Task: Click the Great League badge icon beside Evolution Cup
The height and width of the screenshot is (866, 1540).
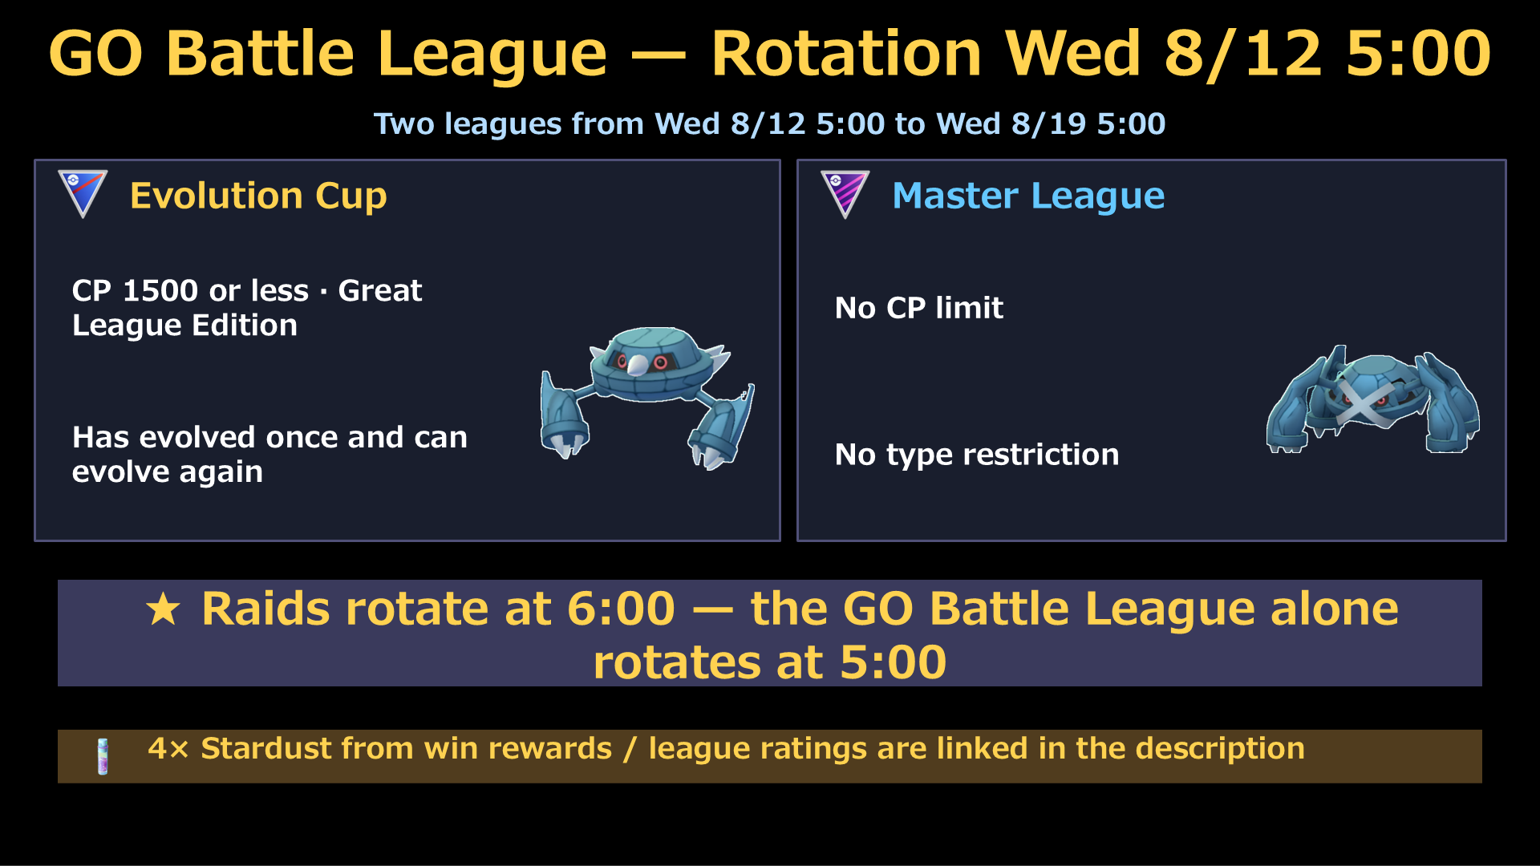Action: click(83, 193)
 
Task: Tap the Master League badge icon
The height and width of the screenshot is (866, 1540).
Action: click(845, 193)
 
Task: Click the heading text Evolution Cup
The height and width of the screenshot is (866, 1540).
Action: click(258, 196)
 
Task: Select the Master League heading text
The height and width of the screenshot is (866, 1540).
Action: click(1028, 196)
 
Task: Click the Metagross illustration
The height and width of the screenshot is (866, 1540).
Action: click(1373, 399)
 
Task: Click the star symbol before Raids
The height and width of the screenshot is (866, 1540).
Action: click(164, 609)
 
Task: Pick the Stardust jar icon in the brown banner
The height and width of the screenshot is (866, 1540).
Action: click(103, 756)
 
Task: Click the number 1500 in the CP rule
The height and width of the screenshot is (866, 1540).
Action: click(160, 290)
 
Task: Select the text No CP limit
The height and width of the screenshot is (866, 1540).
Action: click(918, 308)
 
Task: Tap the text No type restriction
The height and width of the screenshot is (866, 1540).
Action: click(976, 455)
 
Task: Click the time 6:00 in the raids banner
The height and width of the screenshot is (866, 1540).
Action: click(621, 609)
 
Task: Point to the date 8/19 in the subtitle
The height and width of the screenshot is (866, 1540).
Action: click(1048, 123)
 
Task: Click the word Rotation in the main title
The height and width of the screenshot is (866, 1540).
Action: click(846, 54)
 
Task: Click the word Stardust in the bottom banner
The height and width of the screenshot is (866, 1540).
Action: click(265, 748)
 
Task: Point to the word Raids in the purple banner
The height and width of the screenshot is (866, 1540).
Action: click(265, 609)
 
